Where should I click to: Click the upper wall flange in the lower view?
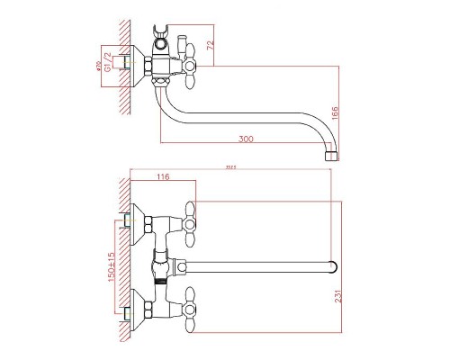(x=136, y=217)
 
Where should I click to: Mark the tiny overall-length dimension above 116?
(x=231, y=168)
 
